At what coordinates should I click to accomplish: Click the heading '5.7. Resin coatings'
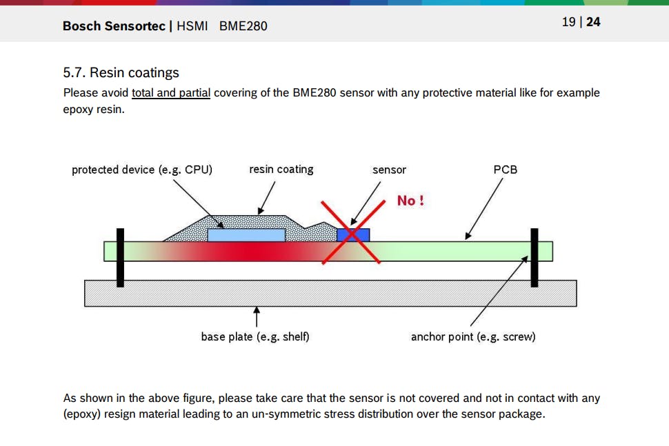(121, 72)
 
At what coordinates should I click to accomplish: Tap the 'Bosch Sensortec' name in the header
(114, 26)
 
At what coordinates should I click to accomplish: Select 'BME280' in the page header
(243, 26)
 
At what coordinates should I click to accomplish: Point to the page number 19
(568, 22)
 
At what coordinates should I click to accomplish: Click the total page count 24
(593, 22)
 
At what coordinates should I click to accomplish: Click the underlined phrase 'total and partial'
(171, 92)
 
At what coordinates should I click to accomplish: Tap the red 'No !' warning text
(410, 201)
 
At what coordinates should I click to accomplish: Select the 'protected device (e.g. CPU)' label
(142, 170)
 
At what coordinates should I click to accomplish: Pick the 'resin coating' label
(281, 170)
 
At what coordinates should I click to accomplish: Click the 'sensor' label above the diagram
(389, 170)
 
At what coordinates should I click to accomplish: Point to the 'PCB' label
(506, 170)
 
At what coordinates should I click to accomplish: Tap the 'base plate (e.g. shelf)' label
(255, 336)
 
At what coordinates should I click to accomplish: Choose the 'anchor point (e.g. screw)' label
(473, 336)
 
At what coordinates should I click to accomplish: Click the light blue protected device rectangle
(246, 235)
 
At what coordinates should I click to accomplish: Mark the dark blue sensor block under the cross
(352, 234)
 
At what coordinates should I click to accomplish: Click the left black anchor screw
(120, 257)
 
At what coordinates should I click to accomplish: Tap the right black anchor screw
(534, 257)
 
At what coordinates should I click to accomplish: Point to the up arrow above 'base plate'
(257, 318)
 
